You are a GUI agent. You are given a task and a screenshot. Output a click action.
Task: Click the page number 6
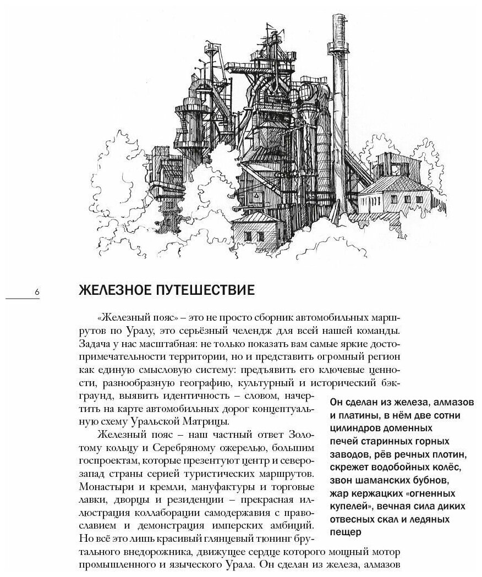(37, 293)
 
